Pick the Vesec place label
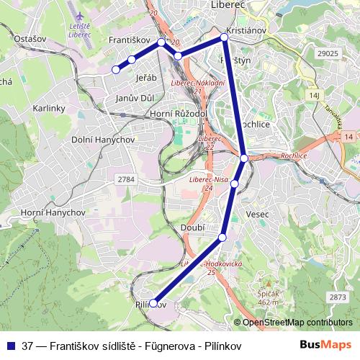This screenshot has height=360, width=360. pos(256,215)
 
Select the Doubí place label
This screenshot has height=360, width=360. pos(195,227)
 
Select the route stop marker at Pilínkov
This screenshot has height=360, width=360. pos(154,303)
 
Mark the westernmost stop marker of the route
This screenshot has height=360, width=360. pos(115,70)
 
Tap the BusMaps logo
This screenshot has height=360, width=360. pos(325,345)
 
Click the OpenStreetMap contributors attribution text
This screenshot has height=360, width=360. pos(297,323)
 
